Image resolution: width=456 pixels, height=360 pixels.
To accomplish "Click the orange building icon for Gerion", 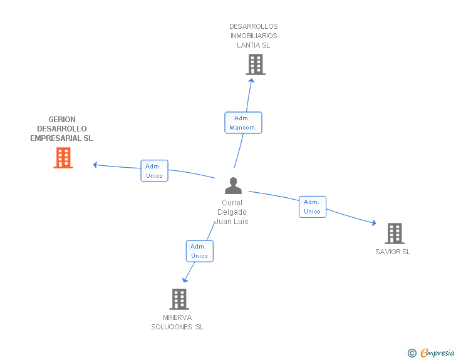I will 63,158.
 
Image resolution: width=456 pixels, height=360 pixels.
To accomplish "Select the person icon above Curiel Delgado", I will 233,186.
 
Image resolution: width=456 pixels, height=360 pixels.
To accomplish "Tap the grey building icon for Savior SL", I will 394,234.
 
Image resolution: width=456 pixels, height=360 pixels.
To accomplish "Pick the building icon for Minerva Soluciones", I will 179,299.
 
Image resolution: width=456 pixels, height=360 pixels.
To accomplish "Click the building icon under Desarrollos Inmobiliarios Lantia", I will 255,64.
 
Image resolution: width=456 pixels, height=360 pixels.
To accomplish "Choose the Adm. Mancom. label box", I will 243,123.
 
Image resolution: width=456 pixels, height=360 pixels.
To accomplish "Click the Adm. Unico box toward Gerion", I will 154,171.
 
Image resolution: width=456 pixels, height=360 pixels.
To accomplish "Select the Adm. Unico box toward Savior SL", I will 312,207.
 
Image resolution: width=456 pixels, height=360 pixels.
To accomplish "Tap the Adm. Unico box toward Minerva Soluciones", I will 199,251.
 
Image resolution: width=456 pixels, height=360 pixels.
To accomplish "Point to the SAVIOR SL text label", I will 393,252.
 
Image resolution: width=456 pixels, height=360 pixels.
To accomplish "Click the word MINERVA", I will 177,317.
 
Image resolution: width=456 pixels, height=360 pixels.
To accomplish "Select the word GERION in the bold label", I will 62,120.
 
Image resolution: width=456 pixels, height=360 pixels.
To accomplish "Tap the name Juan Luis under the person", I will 232,222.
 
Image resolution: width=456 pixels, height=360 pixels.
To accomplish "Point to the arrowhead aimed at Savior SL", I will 373,223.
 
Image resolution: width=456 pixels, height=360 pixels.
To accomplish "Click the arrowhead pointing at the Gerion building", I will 95,165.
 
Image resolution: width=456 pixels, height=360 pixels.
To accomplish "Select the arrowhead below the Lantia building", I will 251,80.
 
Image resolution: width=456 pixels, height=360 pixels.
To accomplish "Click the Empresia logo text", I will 437,352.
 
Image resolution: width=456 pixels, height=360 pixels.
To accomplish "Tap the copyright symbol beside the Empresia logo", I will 412,353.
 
